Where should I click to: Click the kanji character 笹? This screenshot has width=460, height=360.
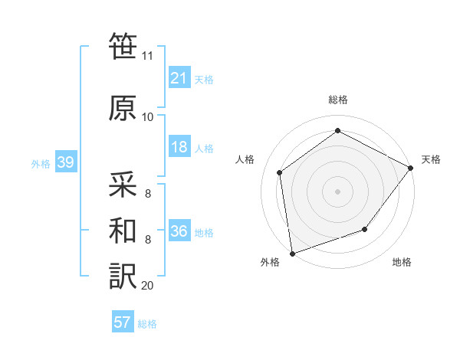123,47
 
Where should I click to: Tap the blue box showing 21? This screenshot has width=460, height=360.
179,77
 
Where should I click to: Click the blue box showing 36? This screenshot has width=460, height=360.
179,231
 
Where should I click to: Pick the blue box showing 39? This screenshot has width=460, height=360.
65,162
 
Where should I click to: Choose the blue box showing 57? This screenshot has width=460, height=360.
123,322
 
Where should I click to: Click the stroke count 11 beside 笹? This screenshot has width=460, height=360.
147,56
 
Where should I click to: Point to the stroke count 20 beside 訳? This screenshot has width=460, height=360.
147,286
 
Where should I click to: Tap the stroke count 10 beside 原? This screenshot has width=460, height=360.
147,117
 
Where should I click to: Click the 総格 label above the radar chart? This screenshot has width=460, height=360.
338,100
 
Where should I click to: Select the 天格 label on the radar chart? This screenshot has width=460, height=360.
431,159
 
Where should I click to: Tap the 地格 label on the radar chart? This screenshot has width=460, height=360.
402,262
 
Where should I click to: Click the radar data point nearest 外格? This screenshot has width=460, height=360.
292,253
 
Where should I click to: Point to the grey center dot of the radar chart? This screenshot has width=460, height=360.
338,191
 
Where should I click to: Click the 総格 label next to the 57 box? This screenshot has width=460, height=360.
147,323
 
